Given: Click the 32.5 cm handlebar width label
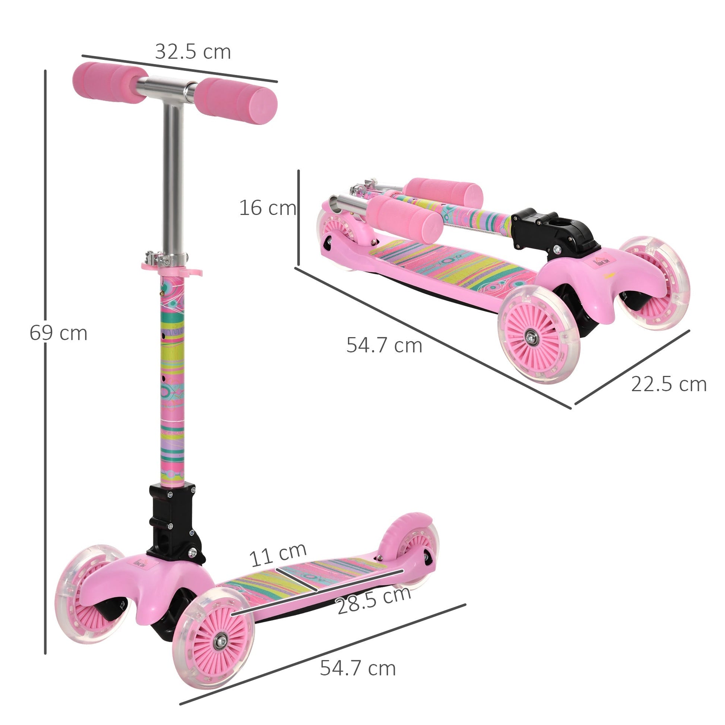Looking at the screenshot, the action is pos(193,52).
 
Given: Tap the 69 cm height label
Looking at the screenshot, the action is pos(58,333).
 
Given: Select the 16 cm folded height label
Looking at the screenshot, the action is pos(267,208).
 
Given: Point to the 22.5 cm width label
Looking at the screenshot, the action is pos(669,384).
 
